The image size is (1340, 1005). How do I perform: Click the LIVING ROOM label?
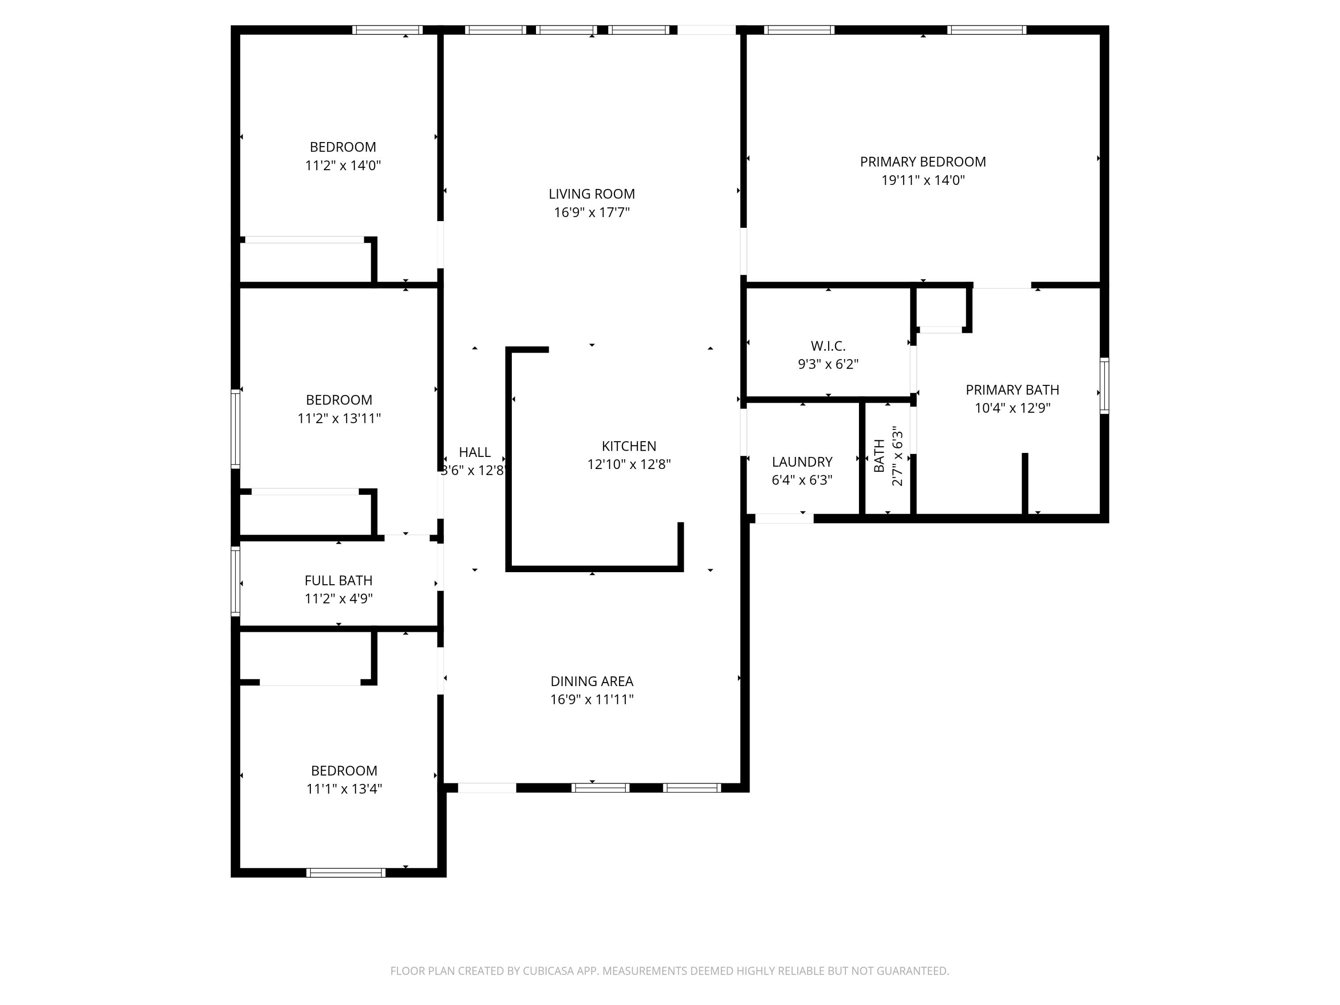(x=591, y=194)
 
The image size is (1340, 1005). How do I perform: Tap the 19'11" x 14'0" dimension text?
(x=923, y=180)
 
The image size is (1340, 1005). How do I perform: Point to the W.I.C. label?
(x=828, y=346)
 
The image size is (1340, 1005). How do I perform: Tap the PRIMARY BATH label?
(x=1012, y=389)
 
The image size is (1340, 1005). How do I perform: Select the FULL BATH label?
(x=338, y=580)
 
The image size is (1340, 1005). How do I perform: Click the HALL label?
(x=474, y=452)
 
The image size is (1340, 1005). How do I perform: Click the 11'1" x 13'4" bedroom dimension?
(x=343, y=789)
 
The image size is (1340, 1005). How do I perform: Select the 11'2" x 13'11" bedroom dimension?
(x=339, y=418)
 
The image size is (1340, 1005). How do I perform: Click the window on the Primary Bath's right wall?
(x=1104, y=386)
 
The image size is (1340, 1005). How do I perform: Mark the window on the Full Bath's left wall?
(x=236, y=581)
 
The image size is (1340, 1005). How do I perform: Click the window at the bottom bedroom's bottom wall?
(x=345, y=872)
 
